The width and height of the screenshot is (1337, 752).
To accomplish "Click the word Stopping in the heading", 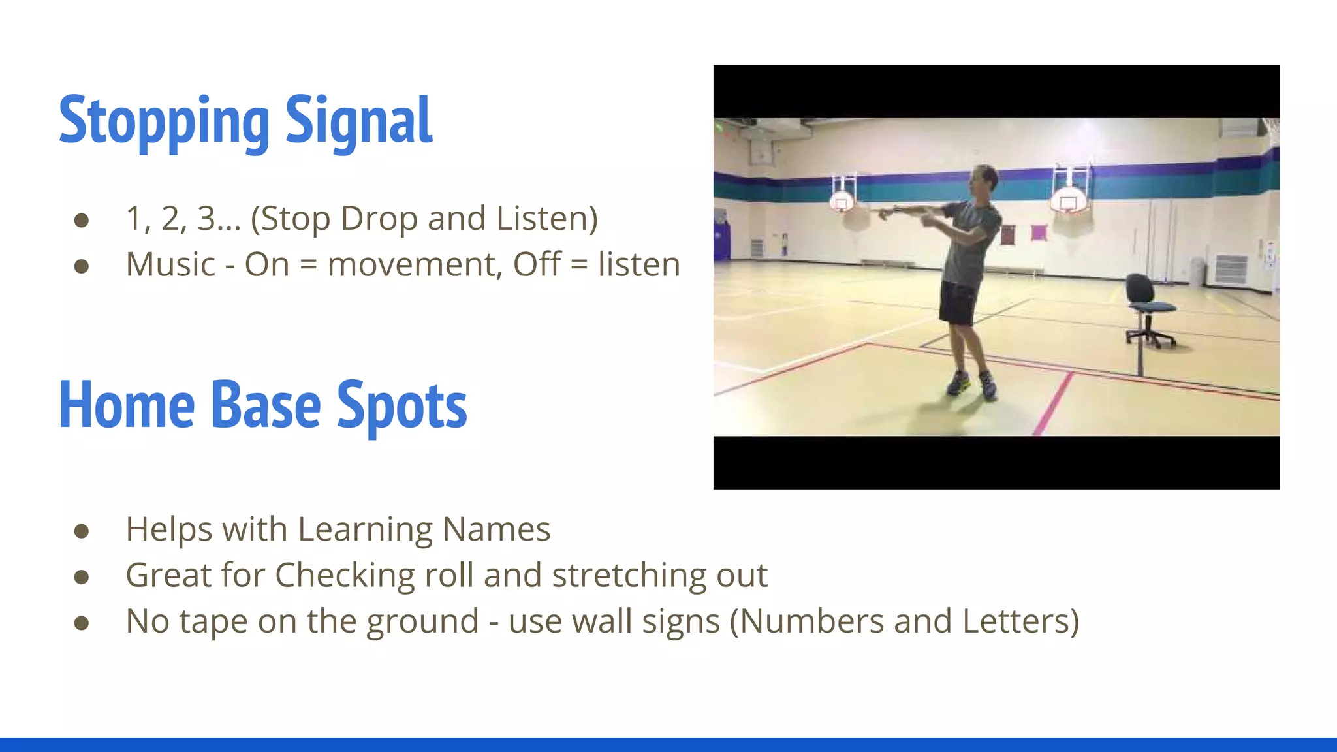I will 163,121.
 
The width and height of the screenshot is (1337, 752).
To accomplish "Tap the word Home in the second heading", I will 127,406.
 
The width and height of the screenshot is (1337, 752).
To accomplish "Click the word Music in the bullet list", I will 170,265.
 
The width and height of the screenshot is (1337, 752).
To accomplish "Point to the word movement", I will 415,265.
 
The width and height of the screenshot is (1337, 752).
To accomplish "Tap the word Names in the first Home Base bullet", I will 496,529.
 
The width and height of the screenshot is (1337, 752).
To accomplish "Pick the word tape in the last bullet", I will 213,621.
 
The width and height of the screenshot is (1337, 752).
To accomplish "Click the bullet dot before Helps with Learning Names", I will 82,531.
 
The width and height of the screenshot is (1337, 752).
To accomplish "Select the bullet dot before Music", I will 82,266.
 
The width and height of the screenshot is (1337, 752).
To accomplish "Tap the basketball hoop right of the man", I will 1068,200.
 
